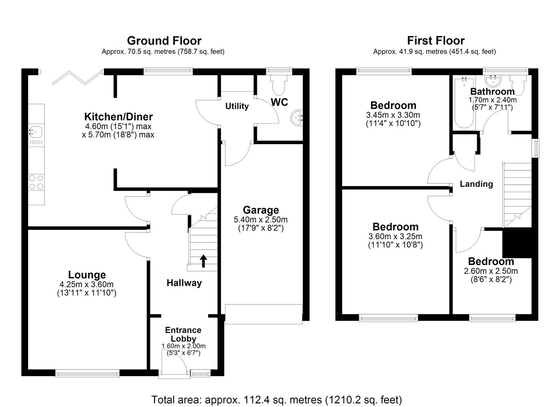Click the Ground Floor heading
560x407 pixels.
click(x=164, y=41)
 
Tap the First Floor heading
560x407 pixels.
click(x=435, y=41)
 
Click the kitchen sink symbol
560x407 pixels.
click(x=36, y=132)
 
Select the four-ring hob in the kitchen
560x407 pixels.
click(x=36, y=182)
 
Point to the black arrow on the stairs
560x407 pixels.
click(x=203, y=261)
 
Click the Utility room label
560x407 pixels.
click(x=237, y=106)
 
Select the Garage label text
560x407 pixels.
click(x=261, y=210)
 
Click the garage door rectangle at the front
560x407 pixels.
click(x=263, y=314)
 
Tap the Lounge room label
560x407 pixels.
click(x=87, y=275)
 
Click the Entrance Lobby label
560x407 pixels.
click(x=183, y=334)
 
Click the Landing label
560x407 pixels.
click(x=476, y=184)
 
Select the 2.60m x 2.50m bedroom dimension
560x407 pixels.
click(x=491, y=271)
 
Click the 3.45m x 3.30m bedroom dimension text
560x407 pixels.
click(x=393, y=115)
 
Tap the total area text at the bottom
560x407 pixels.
click(x=276, y=400)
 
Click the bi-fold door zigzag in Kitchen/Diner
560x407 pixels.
click(x=77, y=78)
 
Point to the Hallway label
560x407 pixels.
click(x=184, y=283)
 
